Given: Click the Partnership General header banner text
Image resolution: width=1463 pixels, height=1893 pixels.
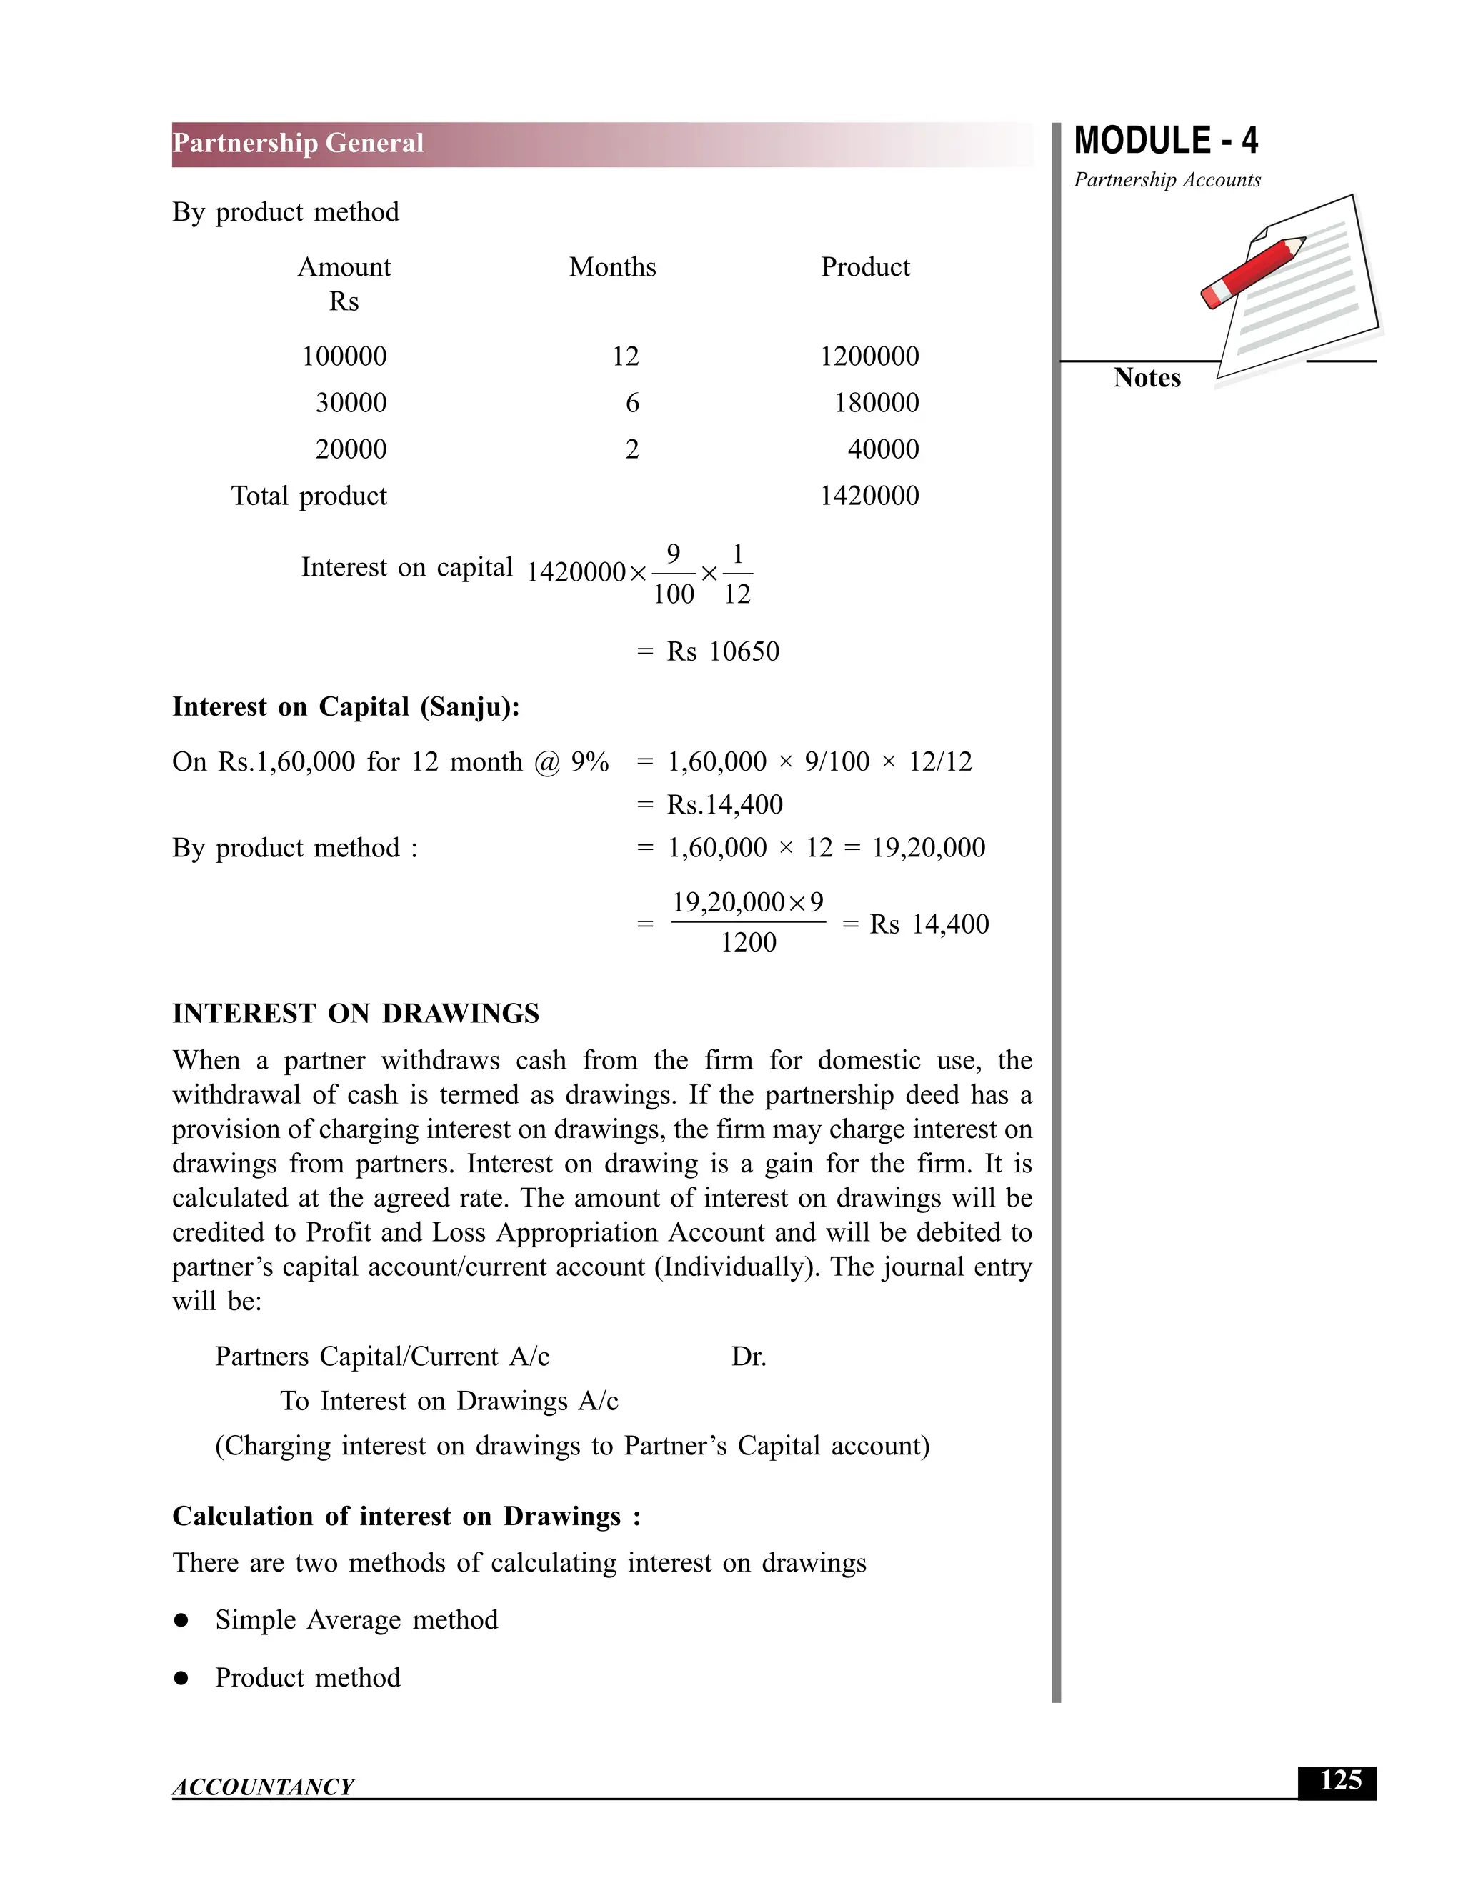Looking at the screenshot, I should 298,144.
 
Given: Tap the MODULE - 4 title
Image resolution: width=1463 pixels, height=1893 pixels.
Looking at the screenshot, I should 1166,141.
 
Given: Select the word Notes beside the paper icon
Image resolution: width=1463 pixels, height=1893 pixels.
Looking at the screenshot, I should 1147,378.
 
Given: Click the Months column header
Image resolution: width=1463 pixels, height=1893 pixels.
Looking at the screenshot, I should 612,267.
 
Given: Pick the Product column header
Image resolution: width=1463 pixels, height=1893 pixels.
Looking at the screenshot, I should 865,267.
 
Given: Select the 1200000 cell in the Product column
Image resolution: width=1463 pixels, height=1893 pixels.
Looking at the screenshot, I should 869,356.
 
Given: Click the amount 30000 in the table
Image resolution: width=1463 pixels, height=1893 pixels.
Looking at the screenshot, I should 351,403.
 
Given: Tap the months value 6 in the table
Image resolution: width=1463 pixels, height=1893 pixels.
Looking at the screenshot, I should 631,403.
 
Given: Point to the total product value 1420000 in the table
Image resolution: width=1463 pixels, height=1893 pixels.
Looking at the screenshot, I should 869,496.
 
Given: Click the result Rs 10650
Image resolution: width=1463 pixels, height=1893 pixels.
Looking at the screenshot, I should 723,651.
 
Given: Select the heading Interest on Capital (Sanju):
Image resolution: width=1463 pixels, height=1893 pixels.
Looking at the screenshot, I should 346,707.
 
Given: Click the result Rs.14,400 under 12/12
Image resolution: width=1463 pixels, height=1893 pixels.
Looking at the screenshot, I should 724,805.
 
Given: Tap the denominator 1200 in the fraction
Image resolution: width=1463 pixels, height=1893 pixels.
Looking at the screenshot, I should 748,943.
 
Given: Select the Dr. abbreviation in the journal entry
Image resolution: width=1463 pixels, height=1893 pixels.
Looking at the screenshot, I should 749,1357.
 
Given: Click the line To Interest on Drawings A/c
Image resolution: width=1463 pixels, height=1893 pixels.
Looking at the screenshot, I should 449,1402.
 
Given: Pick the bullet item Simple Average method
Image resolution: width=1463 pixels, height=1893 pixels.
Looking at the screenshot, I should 356,1620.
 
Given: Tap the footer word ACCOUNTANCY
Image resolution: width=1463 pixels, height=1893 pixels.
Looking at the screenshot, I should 264,1787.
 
